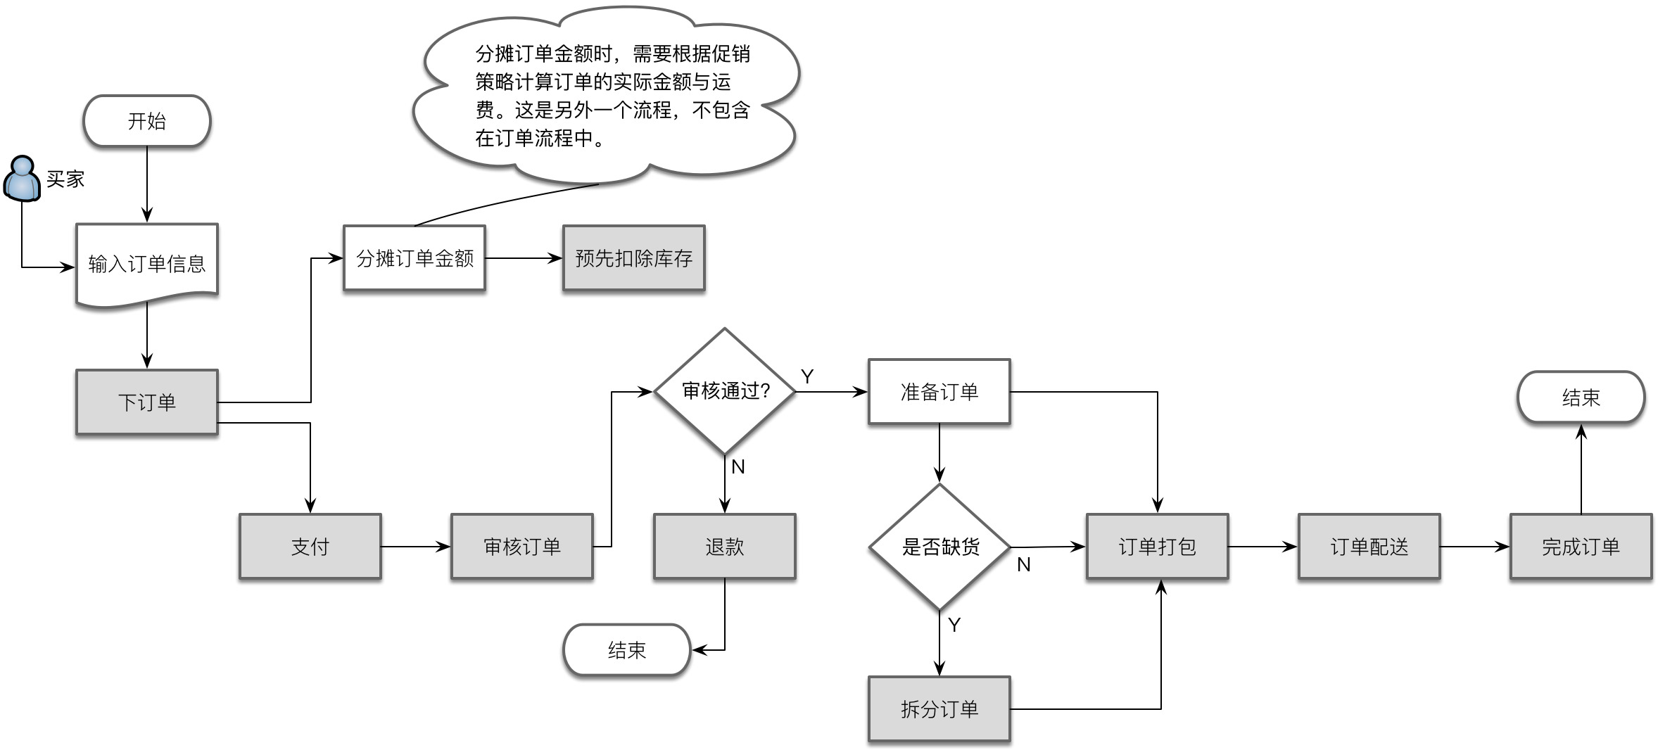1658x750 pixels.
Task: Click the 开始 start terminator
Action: [x=146, y=121]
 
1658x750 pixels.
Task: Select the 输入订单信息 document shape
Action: [x=146, y=263]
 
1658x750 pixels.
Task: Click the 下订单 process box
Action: [x=146, y=402]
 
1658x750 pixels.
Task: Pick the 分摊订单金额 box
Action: [x=414, y=258]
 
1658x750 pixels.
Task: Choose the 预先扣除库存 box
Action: [x=633, y=258]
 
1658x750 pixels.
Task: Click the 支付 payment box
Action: [x=310, y=546]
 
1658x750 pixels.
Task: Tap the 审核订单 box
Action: [x=521, y=546]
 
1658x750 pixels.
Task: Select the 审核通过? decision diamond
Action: [x=724, y=391]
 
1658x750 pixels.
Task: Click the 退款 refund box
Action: [x=724, y=546]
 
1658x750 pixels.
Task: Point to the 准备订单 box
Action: [x=939, y=392]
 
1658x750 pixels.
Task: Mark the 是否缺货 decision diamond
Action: [x=939, y=547]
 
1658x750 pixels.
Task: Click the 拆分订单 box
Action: [x=939, y=708]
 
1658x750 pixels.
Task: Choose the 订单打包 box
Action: [x=1157, y=546]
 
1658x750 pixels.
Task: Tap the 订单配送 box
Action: [x=1369, y=546]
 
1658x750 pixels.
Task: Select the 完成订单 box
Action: [x=1581, y=546]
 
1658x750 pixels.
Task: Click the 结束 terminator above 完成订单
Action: [x=1581, y=398]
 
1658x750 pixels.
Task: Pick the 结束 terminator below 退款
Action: [x=626, y=650]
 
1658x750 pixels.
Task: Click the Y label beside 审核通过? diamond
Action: [x=807, y=377]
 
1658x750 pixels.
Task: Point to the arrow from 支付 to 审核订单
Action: [x=415, y=547]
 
